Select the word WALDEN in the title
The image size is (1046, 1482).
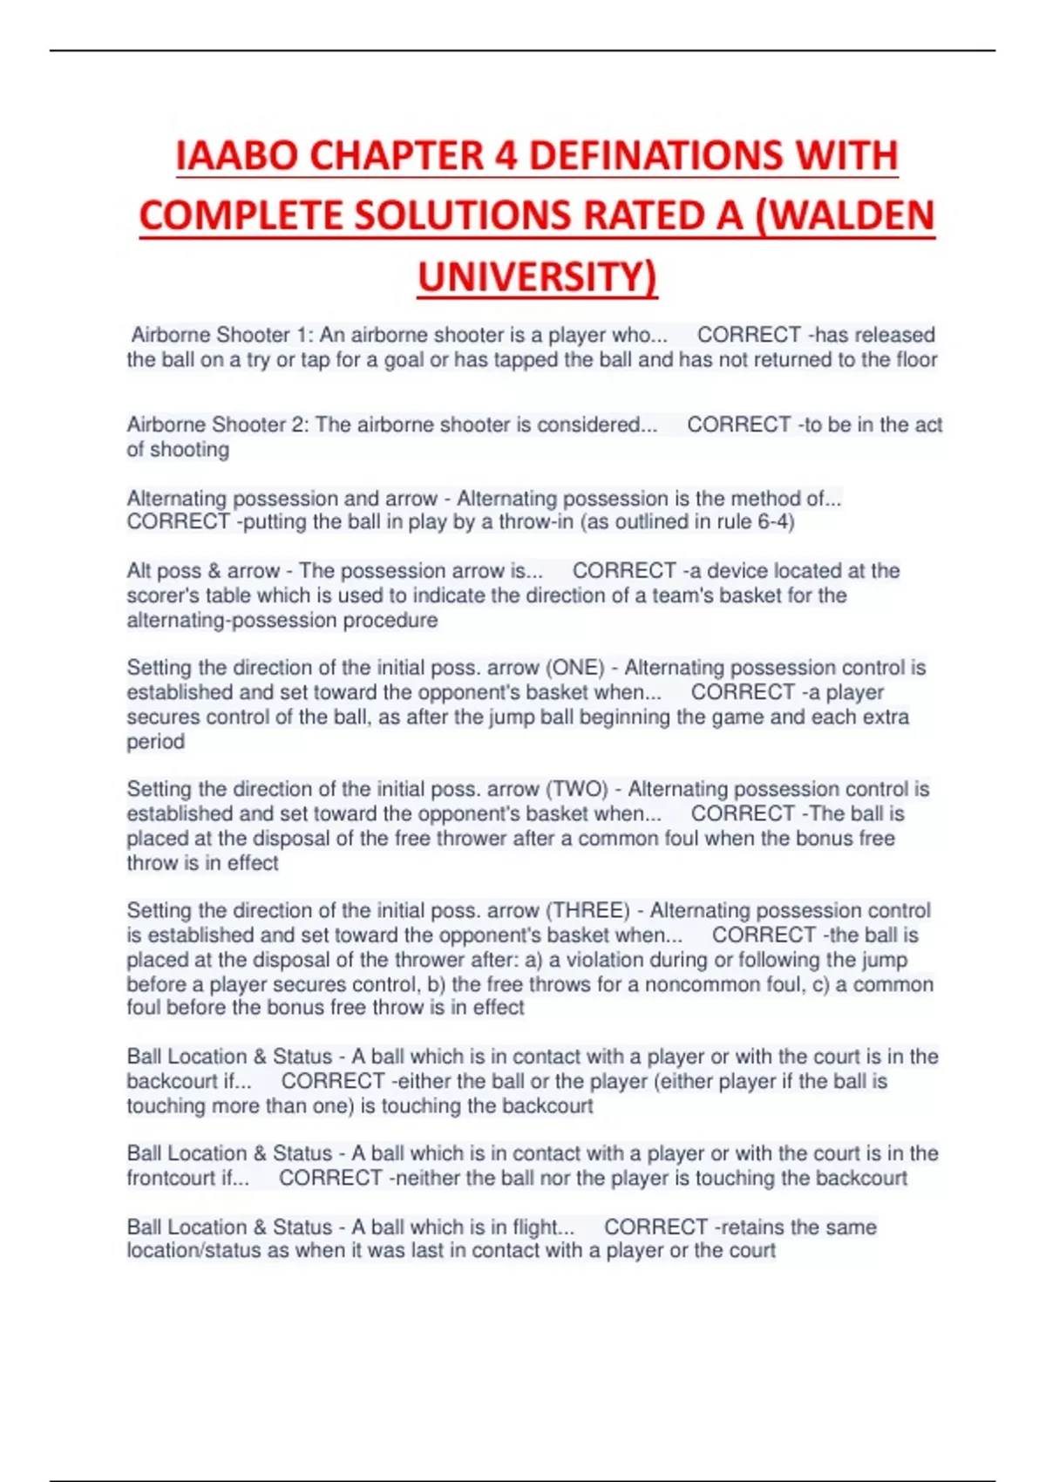pos(845,216)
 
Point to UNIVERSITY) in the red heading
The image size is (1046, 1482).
pos(537,277)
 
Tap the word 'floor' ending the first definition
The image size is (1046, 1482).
pos(916,360)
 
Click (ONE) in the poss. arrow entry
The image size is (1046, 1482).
pos(575,668)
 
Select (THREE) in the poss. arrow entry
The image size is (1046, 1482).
pos(588,911)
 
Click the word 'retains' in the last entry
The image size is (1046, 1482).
pos(747,1227)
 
